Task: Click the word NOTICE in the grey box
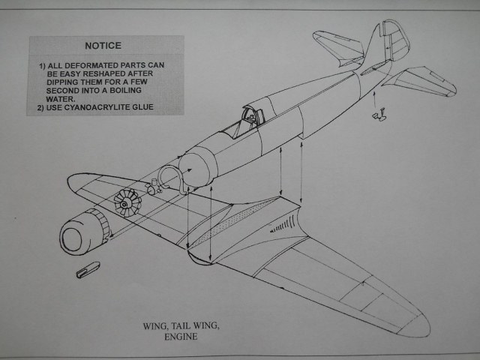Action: (104, 46)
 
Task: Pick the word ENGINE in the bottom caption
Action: (181, 337)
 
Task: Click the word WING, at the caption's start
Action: (157, 326)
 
